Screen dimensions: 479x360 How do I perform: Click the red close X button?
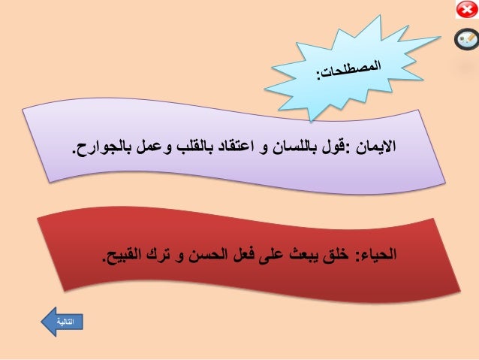(x=468, y=10)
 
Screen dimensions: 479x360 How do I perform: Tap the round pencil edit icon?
(x=466, y=39)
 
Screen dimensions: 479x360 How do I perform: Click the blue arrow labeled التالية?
(x=62, y=322)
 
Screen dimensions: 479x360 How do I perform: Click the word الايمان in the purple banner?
(x=376, y=147)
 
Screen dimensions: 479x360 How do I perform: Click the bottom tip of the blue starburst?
(x=311, y=122)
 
